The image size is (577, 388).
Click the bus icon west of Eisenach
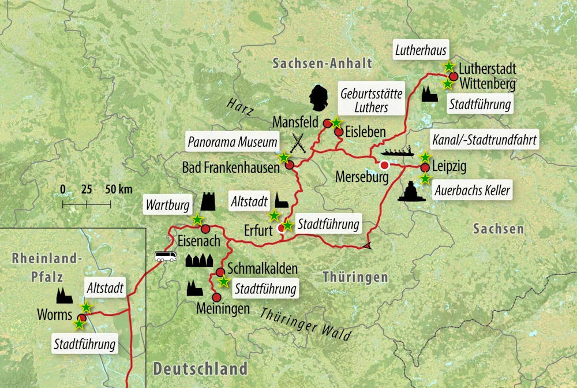click(166, 256)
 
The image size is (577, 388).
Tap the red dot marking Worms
click(83, 318)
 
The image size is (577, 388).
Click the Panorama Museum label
click(233, 141)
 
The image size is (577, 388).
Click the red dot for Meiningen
click(216, 297)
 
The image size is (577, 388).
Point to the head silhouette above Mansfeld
click(317, 99)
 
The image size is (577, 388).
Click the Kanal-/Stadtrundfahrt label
click(485, 140)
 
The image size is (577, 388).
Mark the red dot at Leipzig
click(425, 168)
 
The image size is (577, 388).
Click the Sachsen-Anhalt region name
click(323, 63)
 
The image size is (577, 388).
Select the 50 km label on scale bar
click(119, 189)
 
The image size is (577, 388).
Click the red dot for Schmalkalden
click(220, 272)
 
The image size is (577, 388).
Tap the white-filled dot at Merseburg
click(385, 165)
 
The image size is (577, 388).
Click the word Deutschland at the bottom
click(200, 368)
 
